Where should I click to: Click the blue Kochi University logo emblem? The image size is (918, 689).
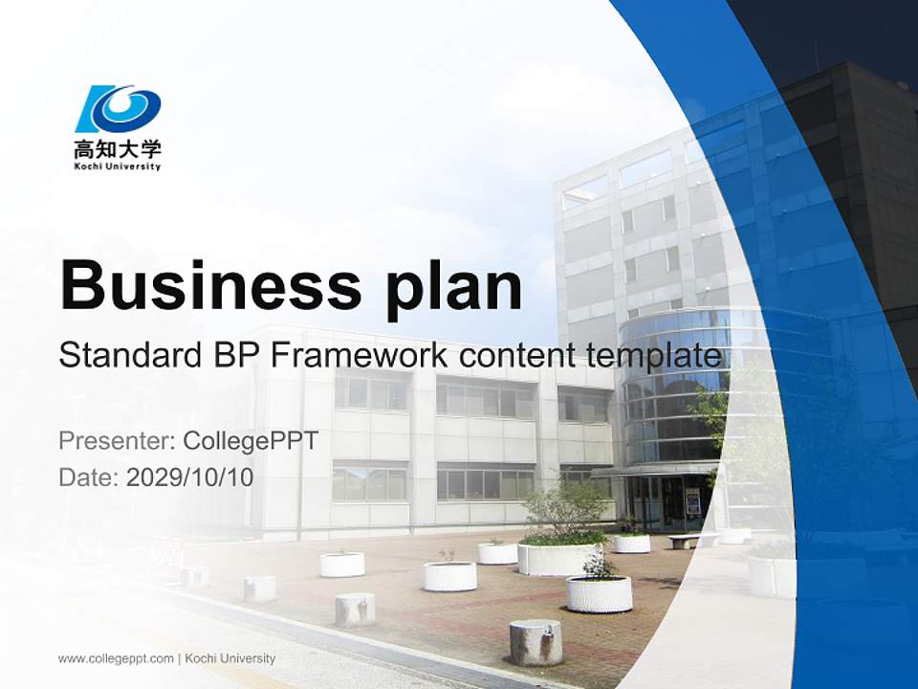click(119, 109)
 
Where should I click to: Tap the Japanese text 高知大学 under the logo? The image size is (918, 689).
click(119, 149)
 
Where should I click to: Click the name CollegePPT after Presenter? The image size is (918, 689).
click(251, 441)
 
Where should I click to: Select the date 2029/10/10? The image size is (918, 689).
click(190, 477)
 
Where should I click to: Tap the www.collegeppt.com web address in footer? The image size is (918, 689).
click(116, 658)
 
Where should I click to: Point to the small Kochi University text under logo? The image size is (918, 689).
click(119, 167)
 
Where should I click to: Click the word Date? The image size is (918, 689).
click(89, 477)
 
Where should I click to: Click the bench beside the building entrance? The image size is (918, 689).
click(682, 540)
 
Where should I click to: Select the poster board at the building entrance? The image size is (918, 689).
click(692, 500)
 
